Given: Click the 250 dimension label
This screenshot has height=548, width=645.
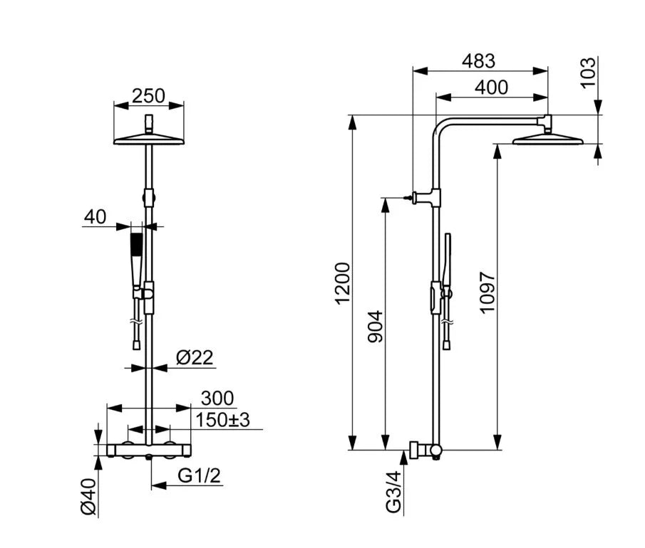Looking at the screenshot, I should [149, 95].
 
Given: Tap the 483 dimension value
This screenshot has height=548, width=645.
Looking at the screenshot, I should [478, 62].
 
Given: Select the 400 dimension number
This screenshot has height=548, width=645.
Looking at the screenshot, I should [491, 88].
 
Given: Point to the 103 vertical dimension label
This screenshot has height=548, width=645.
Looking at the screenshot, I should [588, 73].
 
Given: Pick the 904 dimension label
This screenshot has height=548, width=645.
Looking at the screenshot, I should [376, 325].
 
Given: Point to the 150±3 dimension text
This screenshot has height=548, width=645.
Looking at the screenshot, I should [225, 421].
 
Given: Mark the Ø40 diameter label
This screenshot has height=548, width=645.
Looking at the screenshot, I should [88, 498].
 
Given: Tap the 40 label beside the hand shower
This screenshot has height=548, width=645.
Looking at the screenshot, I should [95, 216].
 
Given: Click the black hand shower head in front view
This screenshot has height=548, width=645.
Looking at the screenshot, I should [136, 246].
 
